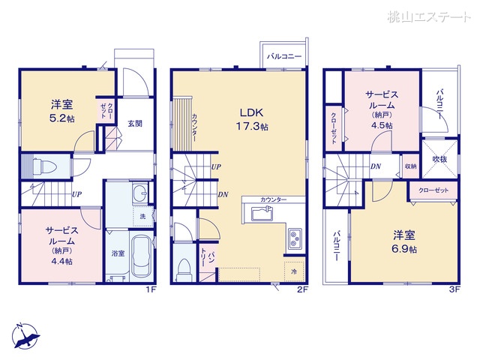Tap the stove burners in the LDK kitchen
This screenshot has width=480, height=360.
point(293,239)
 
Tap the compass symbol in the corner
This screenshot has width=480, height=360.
point(27,335)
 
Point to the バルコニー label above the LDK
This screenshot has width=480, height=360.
point(283,55)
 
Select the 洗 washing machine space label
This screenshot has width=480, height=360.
point(144,216)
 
